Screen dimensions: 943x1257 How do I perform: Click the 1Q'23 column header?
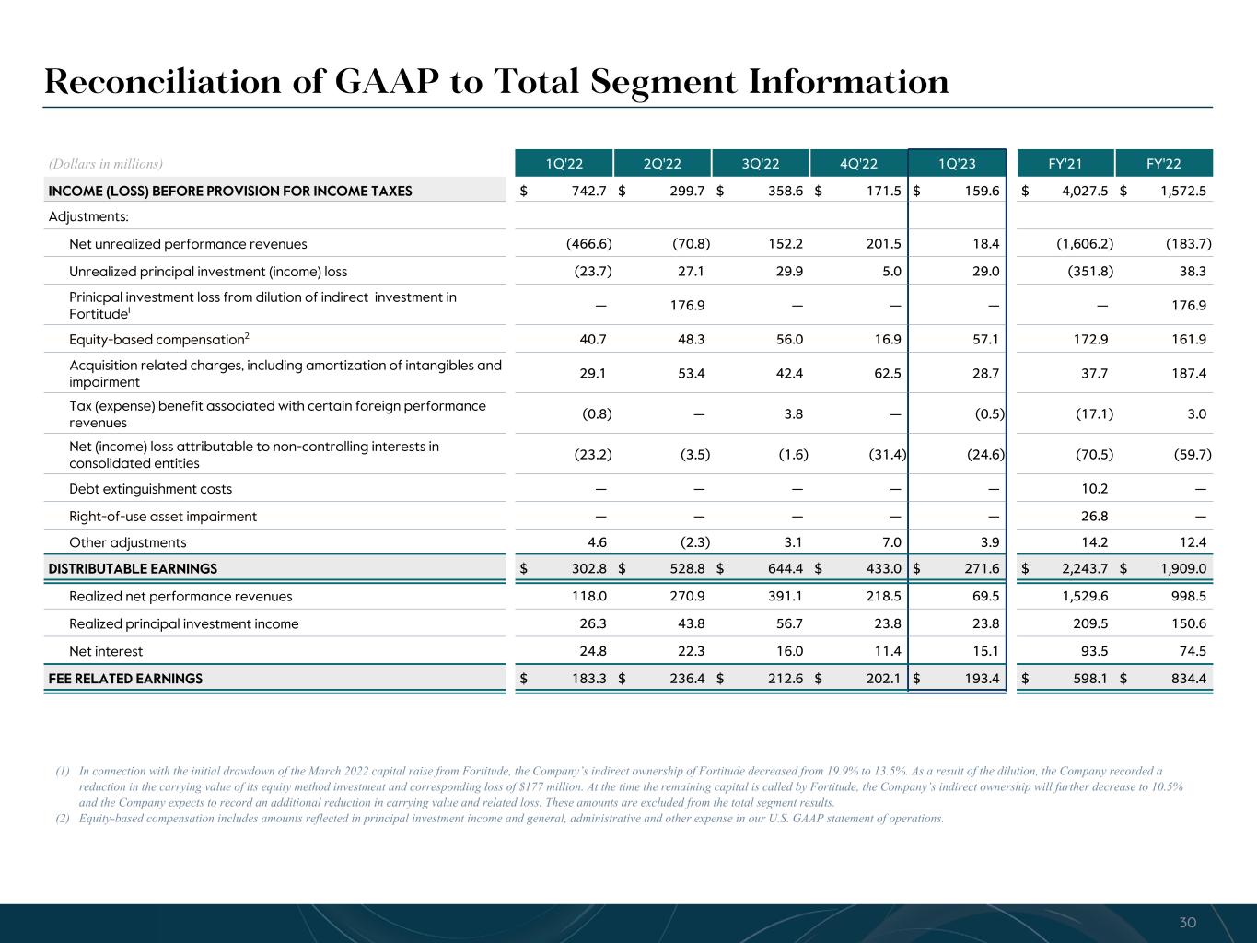[957, 164]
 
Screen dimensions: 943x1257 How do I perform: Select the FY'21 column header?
[1065, 164]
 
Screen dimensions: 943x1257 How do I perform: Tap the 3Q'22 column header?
[760, 164]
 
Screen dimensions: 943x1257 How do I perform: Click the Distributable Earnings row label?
[133, 568]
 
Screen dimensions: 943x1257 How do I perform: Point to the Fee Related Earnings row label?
[125, 679]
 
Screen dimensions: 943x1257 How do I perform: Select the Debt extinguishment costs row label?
[150, 489]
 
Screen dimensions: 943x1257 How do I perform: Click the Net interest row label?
[106, 651]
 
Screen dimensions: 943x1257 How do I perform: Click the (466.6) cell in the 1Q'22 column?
[588, 244]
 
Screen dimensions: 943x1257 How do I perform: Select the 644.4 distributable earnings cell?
[784, 568]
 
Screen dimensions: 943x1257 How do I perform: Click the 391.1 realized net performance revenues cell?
[784, 596]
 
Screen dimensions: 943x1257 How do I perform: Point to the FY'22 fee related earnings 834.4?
[1187, 679]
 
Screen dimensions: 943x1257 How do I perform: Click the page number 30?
[1187, 923]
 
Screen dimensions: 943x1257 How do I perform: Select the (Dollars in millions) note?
[105, 164]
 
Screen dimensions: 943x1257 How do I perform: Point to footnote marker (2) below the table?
[63, 819]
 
